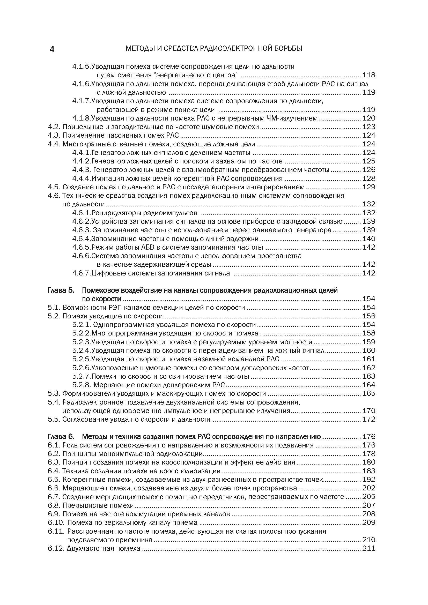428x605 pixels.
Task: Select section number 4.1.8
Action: click(x=82, y=118)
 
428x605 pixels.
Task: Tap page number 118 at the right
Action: click(x=369, y=75)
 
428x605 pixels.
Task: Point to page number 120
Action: click(x=369, y=118)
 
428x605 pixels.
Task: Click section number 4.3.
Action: click(x=54, y=136)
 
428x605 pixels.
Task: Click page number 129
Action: click(x=369, y=187)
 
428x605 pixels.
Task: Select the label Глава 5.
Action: click(x=61, y=290)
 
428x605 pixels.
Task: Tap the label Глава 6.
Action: click(x=61, y=437)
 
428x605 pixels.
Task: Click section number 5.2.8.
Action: click(x=82, y=385)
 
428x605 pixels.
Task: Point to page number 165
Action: click(x=369, y=393)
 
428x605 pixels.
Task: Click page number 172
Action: click(x=369, y=419)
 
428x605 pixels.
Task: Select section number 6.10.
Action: click(x=56, y=522)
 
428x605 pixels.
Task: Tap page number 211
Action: click(x=369, y=549)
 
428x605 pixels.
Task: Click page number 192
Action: click(x=369, y=480)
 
